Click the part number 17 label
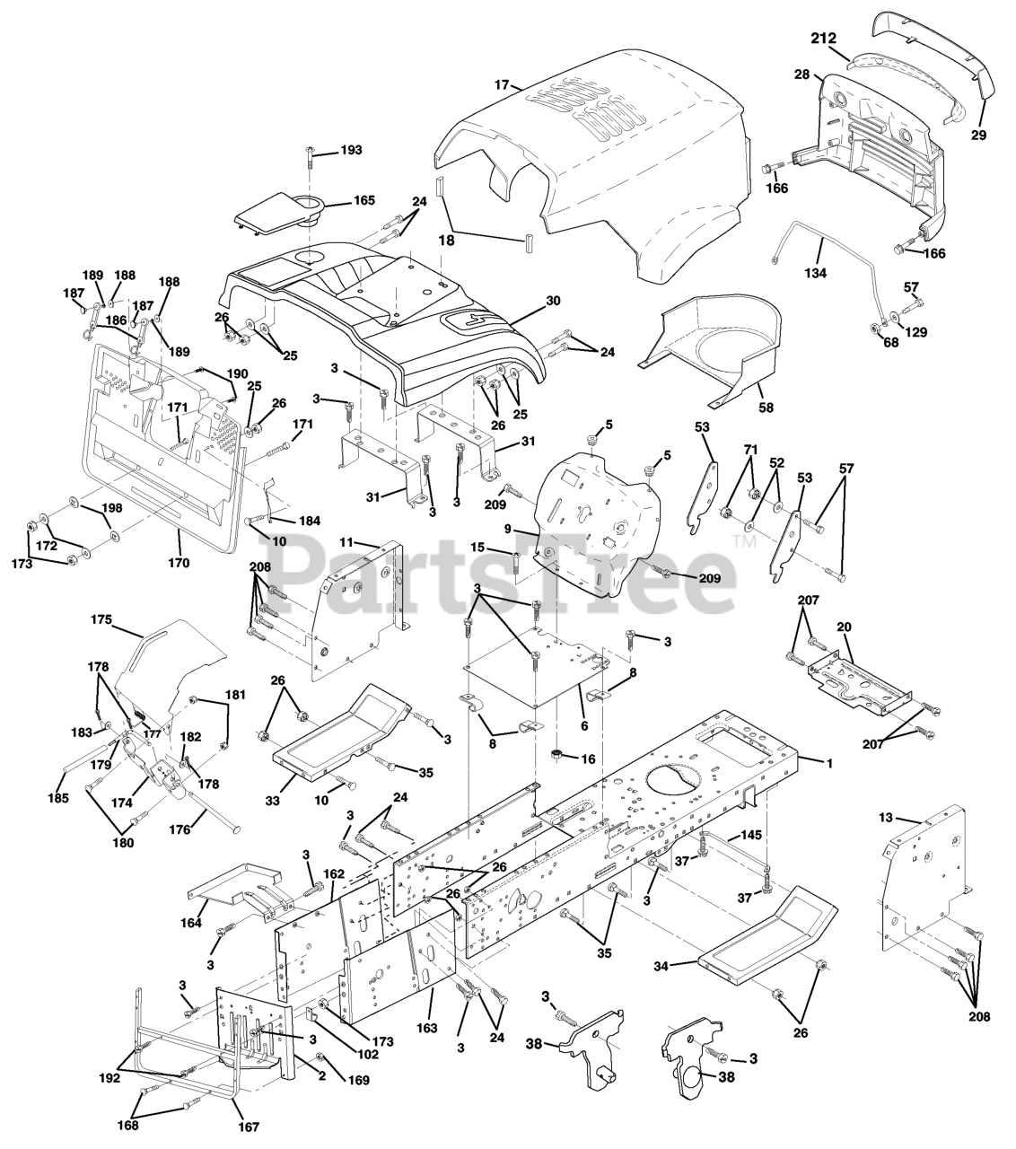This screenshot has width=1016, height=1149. point(501,84)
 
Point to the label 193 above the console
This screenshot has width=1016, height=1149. point(351,150)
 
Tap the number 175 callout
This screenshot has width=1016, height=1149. point(101,619)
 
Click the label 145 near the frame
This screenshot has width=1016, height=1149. point(751,835)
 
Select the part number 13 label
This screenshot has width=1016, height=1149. point(911,818)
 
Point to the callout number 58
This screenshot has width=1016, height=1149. point(765,406)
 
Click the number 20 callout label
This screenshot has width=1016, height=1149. point(845,627)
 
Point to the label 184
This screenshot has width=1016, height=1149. point(310,520)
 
